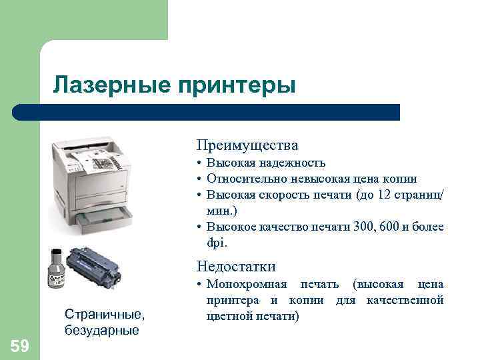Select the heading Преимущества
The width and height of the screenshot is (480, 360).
click(247, 145)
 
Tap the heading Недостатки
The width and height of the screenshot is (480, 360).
click(236, 267)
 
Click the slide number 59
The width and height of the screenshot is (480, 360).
click(19, 345)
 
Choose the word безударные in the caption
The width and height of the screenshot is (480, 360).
click(102, 329)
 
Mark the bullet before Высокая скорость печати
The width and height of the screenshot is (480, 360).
click(199, 195)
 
